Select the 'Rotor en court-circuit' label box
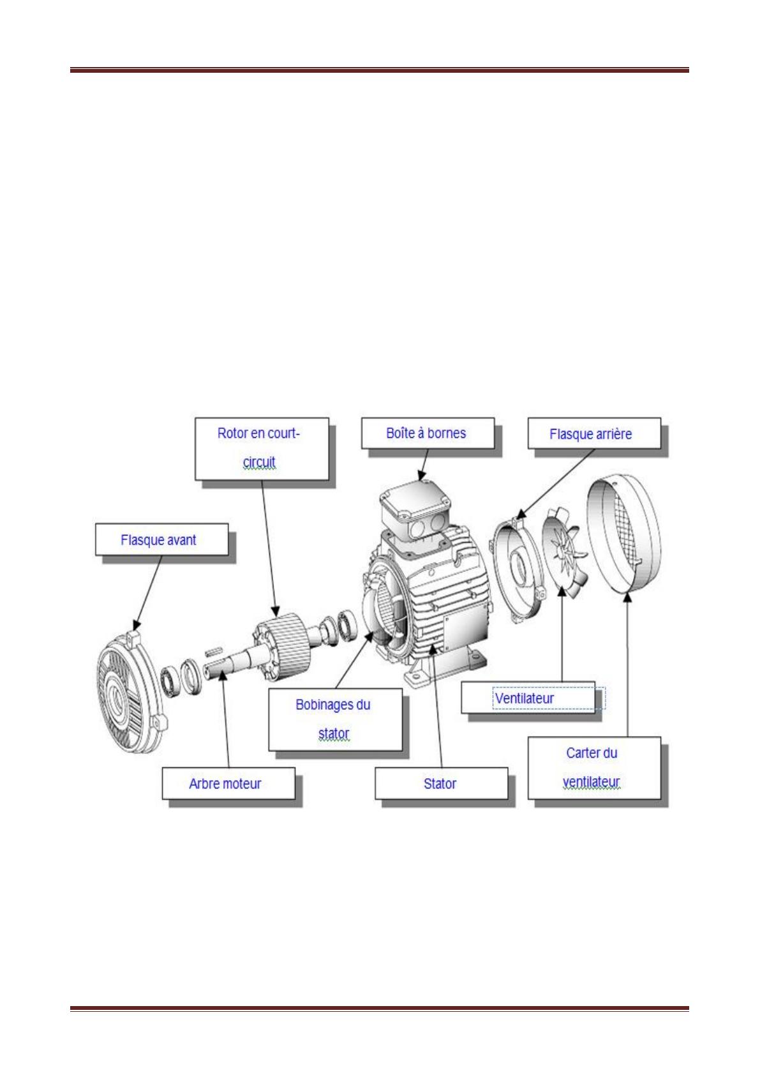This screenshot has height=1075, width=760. pos(262,449)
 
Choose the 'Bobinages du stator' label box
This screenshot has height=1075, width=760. pos(335,719)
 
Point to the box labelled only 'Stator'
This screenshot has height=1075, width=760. pos(441,783)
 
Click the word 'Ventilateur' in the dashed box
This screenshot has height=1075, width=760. pos(525,698)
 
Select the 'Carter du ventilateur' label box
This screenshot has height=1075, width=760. pos(594,768)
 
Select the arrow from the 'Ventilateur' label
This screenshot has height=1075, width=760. pos(562,635)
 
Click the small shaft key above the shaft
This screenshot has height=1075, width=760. pos(214,651)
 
